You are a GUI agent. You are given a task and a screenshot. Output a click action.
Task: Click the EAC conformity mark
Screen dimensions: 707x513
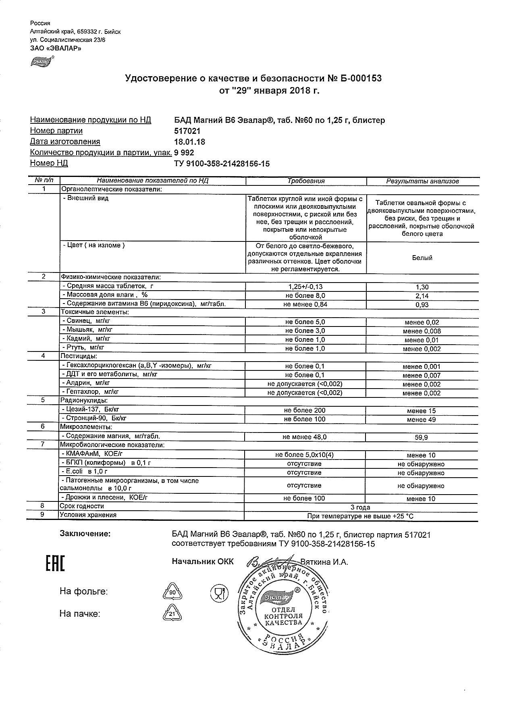(x=54, y=564)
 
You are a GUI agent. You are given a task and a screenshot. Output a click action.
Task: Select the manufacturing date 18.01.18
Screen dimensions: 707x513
(x=189, y=142)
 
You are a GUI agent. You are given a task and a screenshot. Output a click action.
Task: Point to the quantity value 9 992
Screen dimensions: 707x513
(x=184, y=153)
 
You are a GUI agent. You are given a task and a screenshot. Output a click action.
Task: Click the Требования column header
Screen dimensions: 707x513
(x=306, y=181)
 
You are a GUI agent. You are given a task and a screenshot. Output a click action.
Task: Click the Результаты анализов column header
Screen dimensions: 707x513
(x=422, y=181)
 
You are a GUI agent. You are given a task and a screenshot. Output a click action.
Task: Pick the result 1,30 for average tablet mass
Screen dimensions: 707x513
(x=422, y=287)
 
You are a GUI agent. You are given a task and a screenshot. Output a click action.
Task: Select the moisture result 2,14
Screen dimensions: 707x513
(x=422, y=296)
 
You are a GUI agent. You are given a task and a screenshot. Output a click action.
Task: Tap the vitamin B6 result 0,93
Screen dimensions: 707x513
(x=422, y=305)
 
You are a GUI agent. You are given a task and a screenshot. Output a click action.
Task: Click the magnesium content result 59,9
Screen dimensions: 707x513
(x=422, y=437)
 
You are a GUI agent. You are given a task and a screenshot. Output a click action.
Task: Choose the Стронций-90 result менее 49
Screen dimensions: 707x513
(x=421, y=420)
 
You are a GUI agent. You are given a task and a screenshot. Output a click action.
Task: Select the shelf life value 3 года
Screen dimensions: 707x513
(x=361, y=507)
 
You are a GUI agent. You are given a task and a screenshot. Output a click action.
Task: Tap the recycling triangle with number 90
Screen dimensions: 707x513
(x=172, y=592)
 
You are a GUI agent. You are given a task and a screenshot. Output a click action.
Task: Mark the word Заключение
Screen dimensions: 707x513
(x=85, y=534)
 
